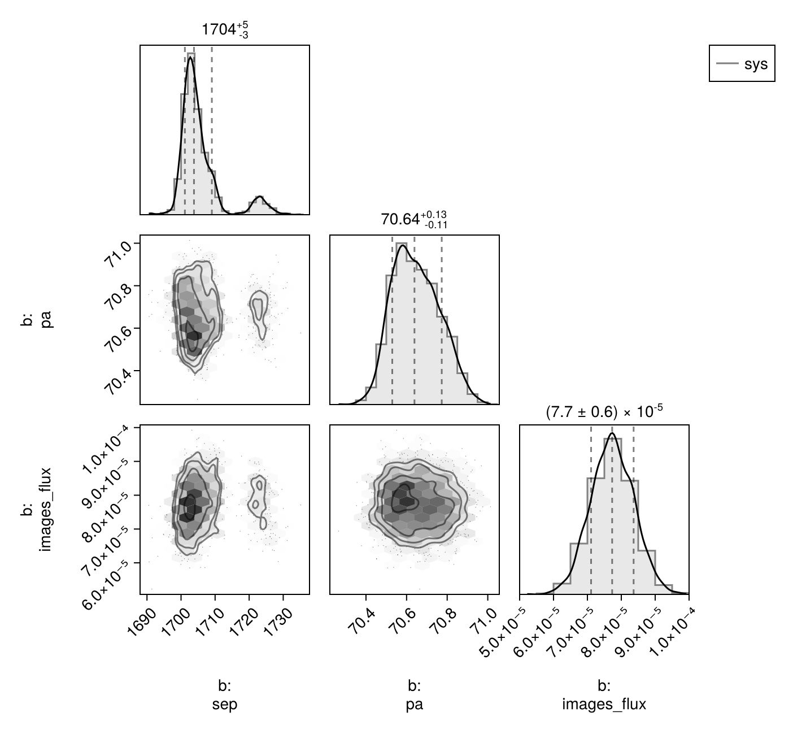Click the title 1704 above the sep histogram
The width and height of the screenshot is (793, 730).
[x=225, y=30]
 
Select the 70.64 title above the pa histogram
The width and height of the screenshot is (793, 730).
[x=413, y=219]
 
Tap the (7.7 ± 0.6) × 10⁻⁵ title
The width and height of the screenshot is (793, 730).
[x=603, y=413]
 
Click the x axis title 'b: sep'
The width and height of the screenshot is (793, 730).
[x=225, y=696]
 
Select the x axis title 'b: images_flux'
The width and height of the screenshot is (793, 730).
[x=604, y=696]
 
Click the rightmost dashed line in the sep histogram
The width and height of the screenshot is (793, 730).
[x=212, y=130]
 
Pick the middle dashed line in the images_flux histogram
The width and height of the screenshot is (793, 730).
[x=612, y=509]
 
